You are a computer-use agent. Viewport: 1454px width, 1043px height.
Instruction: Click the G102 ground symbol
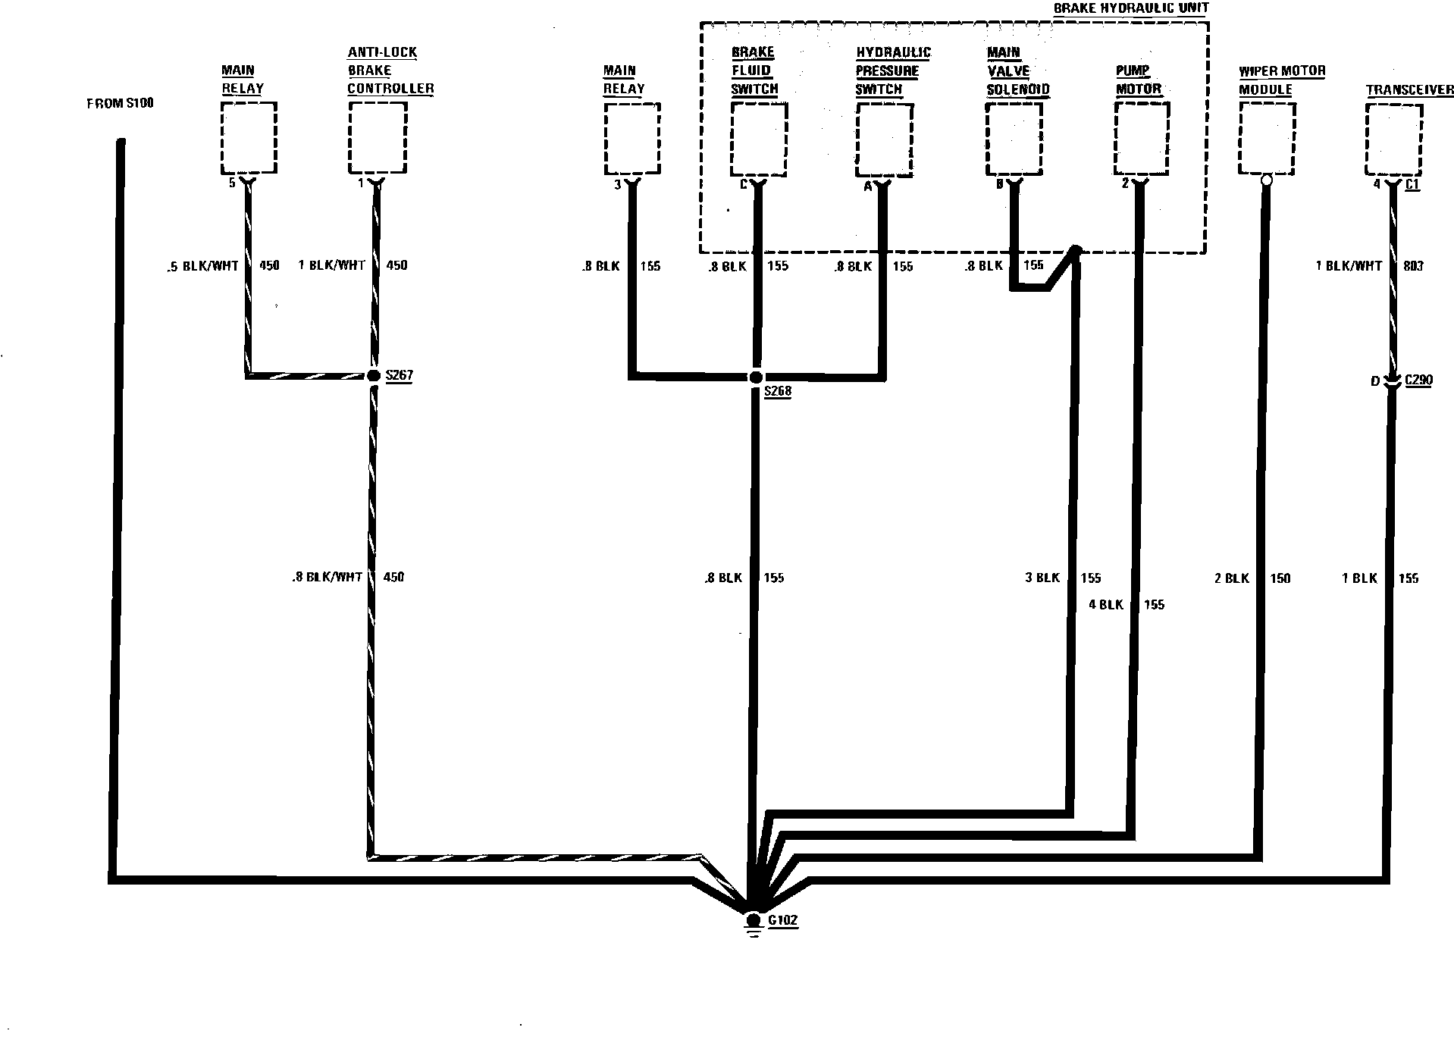click(753, 922)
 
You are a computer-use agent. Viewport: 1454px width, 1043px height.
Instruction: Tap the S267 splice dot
click(373, 375)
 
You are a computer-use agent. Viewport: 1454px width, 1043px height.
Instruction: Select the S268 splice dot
click(756, 377)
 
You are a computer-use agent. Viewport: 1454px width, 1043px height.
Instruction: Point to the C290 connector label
click(1418, 380)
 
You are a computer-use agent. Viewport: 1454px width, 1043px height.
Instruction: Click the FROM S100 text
click(120, 103)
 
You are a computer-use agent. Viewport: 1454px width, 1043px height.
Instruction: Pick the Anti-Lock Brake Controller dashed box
click(378, 138)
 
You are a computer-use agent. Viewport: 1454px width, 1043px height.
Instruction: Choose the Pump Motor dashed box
click(1142, 138)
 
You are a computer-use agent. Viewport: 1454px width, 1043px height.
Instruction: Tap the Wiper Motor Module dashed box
click(1266, 138)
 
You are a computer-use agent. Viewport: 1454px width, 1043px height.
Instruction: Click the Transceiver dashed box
click(1393, 139)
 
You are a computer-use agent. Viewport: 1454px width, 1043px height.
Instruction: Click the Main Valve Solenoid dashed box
click(1014, 138)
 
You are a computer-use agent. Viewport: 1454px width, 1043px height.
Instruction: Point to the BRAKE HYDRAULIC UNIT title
click(1131, 8)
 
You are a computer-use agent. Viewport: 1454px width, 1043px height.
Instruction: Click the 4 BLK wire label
click(1105, 604)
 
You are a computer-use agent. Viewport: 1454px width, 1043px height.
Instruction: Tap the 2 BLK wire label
click(1231, 578)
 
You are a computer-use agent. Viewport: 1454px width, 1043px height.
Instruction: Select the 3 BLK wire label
click(1042, 578)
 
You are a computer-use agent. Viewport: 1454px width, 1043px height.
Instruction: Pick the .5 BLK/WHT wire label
click(202, 266)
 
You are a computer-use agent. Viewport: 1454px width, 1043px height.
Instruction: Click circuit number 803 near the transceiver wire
click(1413, 266)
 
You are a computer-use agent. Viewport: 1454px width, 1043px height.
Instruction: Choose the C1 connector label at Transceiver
click(1412, 184)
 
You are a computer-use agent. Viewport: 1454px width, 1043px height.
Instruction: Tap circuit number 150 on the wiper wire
click(1280, 578)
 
